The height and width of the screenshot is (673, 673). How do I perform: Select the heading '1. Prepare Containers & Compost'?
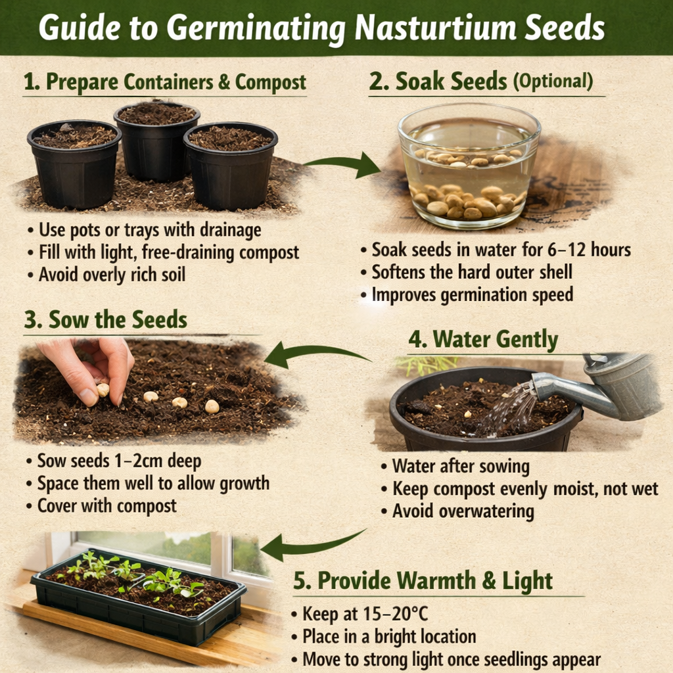[x=164, y=83]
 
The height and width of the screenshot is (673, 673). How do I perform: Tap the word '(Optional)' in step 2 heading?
[x=553, y=81]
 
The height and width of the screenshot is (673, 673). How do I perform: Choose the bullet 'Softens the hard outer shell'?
[x=472, y=271]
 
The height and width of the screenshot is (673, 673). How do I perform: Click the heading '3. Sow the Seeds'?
[x=105, y=320]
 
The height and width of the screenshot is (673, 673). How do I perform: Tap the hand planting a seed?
[x=92, y=368]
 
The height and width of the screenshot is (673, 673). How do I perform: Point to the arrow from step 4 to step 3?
[x=315, y=353]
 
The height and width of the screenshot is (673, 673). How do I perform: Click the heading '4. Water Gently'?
[x=483, y=340]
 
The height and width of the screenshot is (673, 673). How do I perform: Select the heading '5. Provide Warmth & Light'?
[x=423, y=581]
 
